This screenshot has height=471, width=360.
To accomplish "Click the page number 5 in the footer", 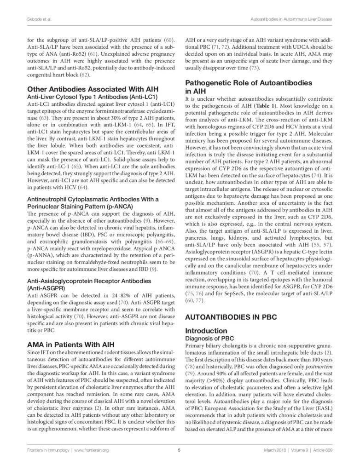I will (179, 450).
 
